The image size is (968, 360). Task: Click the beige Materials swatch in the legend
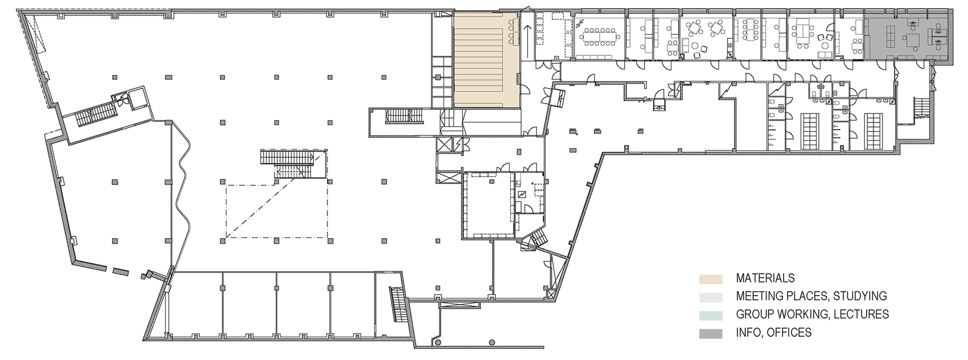pos(711,279)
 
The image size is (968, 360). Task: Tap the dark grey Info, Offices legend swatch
pos(711,334)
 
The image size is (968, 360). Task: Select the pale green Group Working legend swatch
pos(711,315)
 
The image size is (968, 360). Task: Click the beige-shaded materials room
pos(486,60)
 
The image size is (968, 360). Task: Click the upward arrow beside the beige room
pos(527,42)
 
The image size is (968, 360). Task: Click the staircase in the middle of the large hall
pos(293,164)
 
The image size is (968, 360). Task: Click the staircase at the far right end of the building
pos(920,107)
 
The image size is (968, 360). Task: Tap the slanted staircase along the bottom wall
pos(399,304)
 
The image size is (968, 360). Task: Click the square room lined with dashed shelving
pos(489,205)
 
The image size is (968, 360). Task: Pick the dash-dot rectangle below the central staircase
pos(277,211)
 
